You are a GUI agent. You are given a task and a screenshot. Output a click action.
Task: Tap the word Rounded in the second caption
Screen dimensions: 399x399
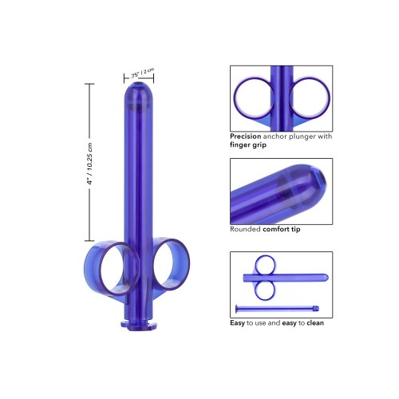(x=244, y=228)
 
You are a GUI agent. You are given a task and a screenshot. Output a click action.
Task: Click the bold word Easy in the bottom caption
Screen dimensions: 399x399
(x=238, y=323)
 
